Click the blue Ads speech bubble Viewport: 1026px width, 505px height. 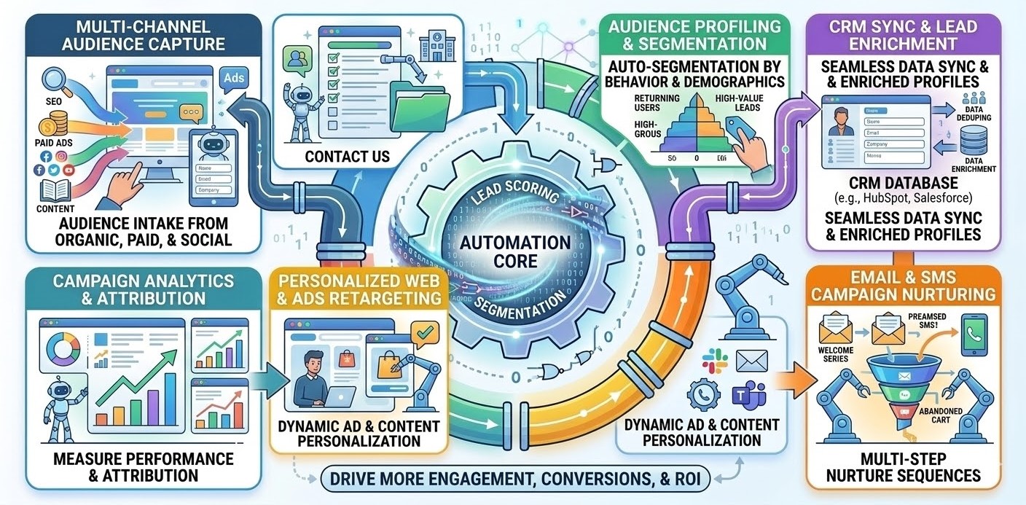click(x=235, y=78)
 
